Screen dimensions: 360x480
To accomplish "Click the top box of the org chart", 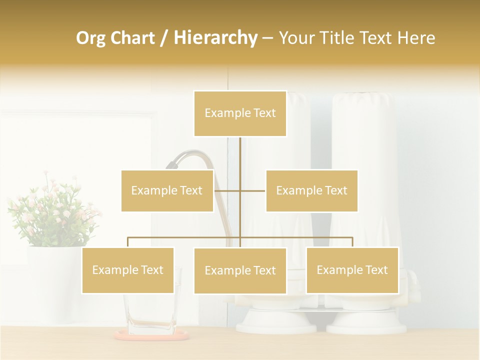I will coord(240,113).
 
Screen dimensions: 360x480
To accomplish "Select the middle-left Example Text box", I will coord(167,190).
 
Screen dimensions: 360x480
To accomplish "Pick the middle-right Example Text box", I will coord(311,190).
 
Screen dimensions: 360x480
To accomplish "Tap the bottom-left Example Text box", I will coord(128,270).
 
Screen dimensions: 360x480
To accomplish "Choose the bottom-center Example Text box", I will coord(240,270).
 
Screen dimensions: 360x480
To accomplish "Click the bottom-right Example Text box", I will coord(352,270).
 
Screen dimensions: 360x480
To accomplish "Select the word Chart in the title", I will coord(132,38).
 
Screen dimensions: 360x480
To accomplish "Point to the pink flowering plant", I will coord(52,210).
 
